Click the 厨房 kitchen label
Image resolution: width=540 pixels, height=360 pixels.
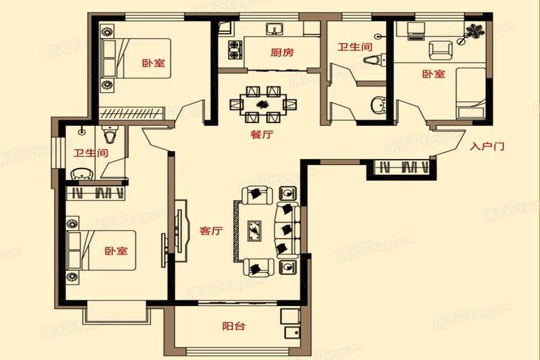(x=282, y=53)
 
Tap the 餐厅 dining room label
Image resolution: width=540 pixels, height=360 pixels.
(x=262, y=134)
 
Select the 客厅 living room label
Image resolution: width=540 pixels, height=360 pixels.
(x=211, y=230)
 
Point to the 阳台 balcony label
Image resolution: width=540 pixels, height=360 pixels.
(x=233, y=325)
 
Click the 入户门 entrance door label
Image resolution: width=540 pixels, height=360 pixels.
(x=487, y=146)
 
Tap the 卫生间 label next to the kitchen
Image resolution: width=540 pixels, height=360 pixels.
(x=354, y=47)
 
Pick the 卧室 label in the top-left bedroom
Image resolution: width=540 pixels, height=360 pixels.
(x=153, y=63)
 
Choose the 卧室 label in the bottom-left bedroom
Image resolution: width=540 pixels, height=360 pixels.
(x=117, y=251)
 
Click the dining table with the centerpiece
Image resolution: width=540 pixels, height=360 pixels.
(x=263, y=104)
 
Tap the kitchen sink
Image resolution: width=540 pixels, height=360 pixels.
(x=274, y=29)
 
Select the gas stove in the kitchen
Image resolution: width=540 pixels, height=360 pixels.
(x=235, y=50)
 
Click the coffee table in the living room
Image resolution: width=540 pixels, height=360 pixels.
(x=254, y=231)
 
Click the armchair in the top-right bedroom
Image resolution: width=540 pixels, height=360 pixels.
(x=441, y=50)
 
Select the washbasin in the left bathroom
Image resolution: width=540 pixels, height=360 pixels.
(x=81, y=174)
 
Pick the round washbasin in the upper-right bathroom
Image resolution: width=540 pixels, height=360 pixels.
(x=379, y=104)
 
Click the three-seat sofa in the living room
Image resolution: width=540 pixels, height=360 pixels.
(x=288, y=230)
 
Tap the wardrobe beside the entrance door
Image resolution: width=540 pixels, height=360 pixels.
(x=402, y=168)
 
